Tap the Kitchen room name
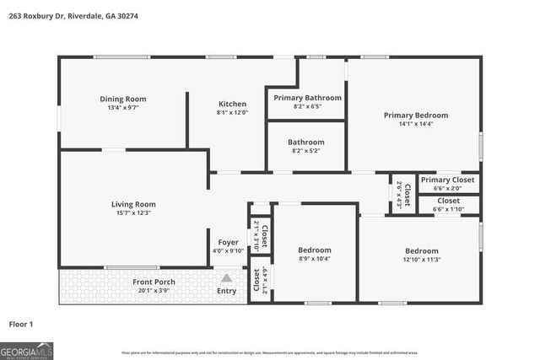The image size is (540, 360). (x=232, y=103)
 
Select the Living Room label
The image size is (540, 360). (x=133, y=204)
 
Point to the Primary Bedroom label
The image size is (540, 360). (x=415, y=115)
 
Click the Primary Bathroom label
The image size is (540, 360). (x=306, y=98)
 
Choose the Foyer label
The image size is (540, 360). (x=228, y=242)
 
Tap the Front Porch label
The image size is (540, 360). (x=154, y=281)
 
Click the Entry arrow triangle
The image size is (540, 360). (x=226, y=277)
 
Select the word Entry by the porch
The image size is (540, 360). (x=227, y=291)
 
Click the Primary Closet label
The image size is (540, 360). (x=448, y=180)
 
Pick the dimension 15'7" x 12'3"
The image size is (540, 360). (x=133, y=213)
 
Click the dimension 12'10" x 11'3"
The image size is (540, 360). (x=421, y=260)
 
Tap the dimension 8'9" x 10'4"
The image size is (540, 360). (x=314, y=259)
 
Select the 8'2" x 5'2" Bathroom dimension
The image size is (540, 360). (x=305, y=151)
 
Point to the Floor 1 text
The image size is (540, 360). (x=20, y=323)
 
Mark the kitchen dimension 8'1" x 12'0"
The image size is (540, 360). (x=232, y=112)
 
